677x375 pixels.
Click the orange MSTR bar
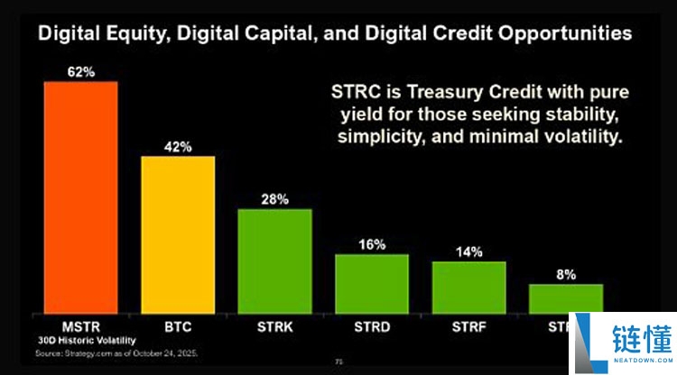coord(81,197)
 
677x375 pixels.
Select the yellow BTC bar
coord(178,234)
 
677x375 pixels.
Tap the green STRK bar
coord(274,261)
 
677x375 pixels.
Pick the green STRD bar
coord(371,283)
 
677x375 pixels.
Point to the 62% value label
coord(81,70)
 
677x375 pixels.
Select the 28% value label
coord(274,199)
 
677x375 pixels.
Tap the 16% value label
coord(371,244)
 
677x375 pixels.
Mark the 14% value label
coord(468,252)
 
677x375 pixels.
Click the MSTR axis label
coord(81,326)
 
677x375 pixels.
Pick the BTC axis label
coord(178,326)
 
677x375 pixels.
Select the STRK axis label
coord(274,326)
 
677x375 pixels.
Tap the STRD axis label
coord(371,326)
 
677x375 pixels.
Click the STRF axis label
coord(468,326)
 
